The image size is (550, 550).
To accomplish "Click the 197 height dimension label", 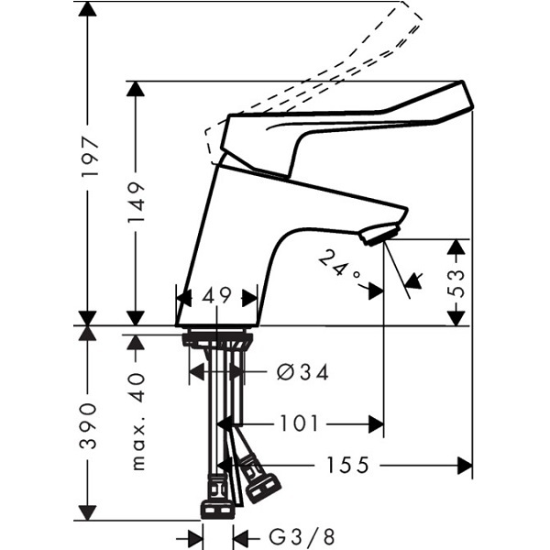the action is (90, 157).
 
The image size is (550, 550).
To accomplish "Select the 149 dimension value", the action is (136, 203).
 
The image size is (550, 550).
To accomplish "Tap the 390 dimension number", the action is (87, 426).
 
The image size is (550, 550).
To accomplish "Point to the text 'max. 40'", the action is (137, 421).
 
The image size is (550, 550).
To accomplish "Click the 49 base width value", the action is (216, 295).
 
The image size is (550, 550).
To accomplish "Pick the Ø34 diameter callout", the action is (302, 372).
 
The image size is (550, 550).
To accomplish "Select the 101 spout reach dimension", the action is (299, 423).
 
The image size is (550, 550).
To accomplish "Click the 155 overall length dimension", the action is (348, 465).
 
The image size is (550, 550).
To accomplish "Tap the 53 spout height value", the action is (456, 283).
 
